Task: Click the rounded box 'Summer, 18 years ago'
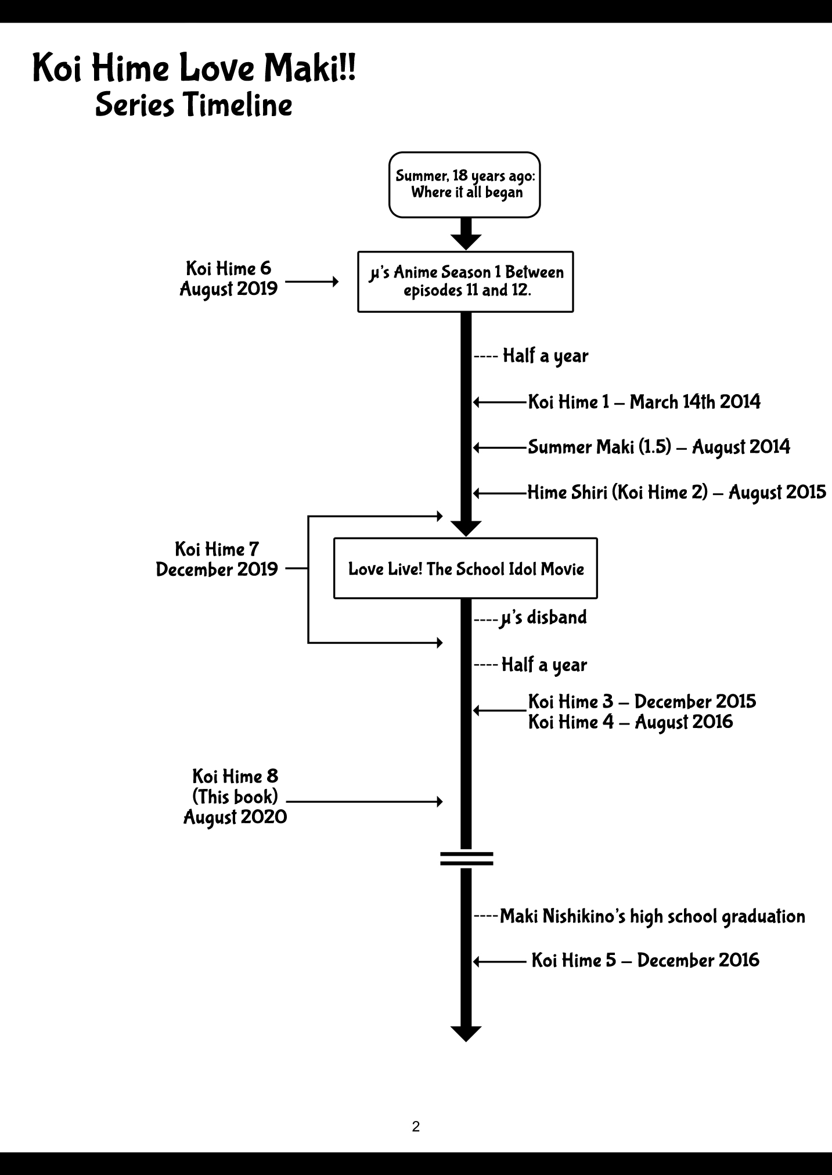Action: point(464,185)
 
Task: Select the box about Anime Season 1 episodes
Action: point(466,282)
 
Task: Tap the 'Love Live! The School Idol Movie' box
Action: point(466,568)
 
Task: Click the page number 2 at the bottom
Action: point(416,1126)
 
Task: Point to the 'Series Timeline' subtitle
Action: point(193,105)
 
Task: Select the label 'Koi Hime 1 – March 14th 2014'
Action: point(643,402)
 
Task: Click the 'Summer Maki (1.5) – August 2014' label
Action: point(658,447)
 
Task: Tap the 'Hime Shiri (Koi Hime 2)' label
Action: point(676,492)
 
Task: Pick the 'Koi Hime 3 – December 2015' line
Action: point(642,701)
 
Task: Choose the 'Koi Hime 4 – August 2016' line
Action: point(630,722)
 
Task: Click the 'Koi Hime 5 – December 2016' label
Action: point(645,960)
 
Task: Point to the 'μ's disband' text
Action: point(543,618)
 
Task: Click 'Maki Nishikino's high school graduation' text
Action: point(652,917)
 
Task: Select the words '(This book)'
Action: point(235,796)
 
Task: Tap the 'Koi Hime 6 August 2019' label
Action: point(228,279)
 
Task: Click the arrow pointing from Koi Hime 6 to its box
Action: point(312,282)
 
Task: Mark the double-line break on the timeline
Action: point(466,859)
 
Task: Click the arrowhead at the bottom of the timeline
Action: point(466,1033)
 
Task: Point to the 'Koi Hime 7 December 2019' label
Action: point(217,559)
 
